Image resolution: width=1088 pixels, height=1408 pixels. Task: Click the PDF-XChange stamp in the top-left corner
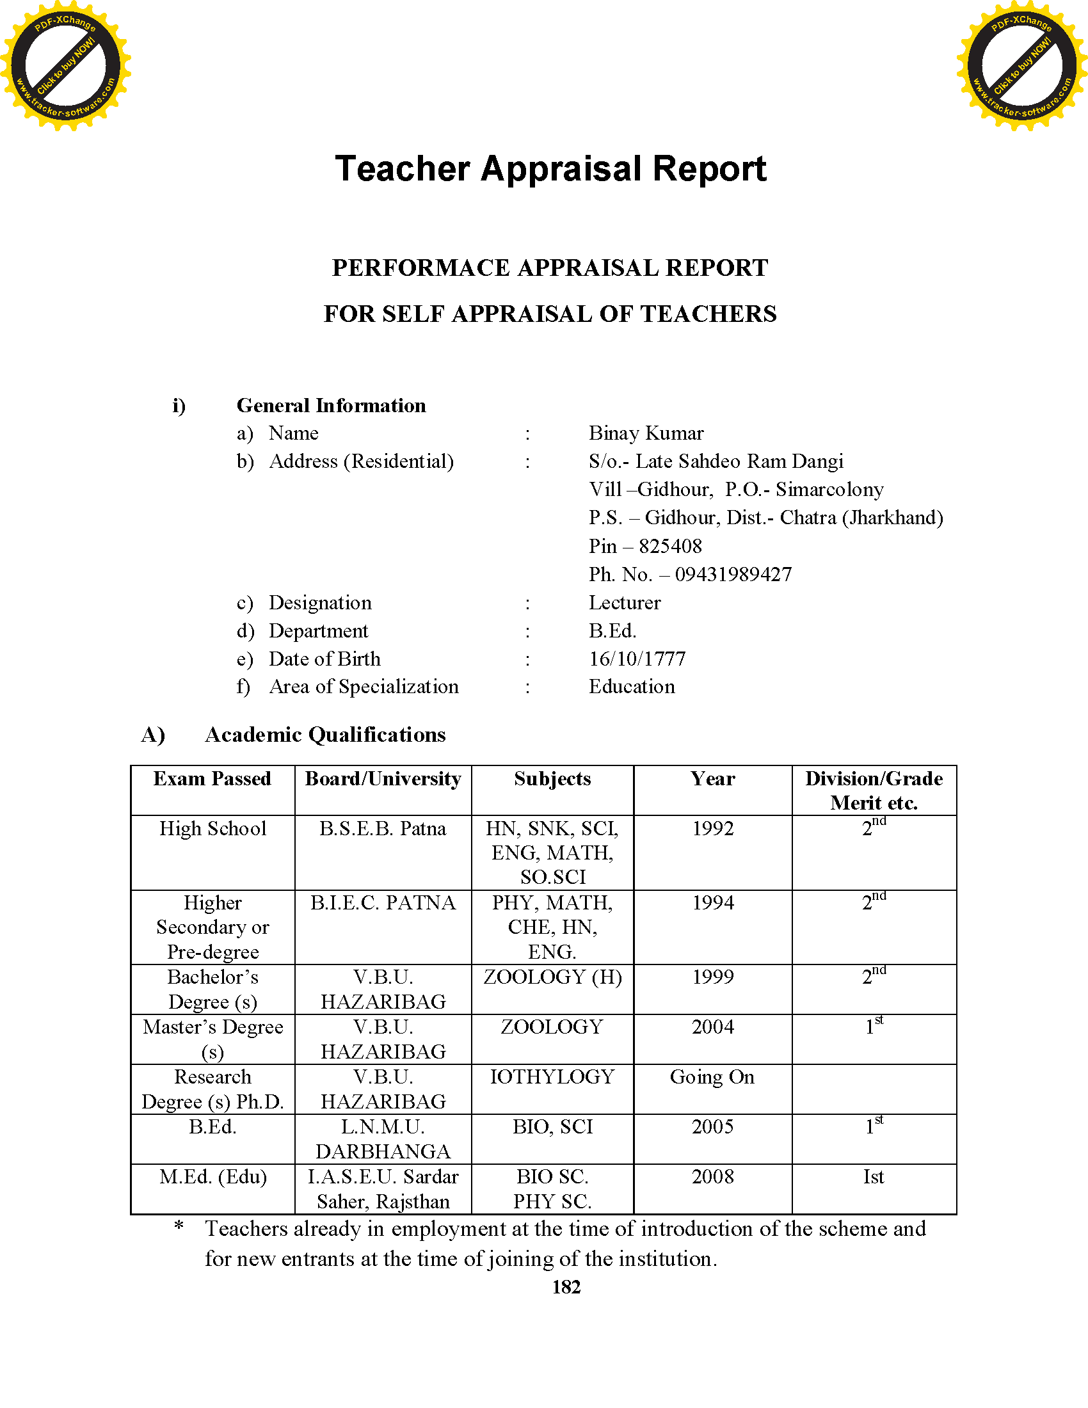coord(65,65)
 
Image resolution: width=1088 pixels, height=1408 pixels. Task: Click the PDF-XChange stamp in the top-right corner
coord(1021,65)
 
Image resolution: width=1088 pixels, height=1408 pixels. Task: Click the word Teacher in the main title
coord(402,169)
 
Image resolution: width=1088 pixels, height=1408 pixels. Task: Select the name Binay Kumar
coord(646,433)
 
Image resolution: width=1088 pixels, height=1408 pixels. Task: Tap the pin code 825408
coord(669,546)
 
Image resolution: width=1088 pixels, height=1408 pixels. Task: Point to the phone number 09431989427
coord(733,575)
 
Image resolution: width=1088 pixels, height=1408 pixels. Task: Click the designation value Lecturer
coord(625,603)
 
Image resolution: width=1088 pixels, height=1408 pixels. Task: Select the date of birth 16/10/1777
coord(637,659)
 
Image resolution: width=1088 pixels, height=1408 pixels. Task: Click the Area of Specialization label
coord(364,687)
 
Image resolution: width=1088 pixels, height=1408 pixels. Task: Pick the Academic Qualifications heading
coord(325,735)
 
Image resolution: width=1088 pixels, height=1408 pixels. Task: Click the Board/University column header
coord(383,779)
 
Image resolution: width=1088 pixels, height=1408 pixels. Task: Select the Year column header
coord(712,779)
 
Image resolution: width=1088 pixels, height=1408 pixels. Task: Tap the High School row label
coord(212,828)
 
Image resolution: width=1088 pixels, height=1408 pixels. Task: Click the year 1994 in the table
coord(713,902)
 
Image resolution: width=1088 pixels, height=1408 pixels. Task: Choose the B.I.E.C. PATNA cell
coord(383,902)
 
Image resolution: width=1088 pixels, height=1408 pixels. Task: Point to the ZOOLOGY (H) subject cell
coord(552,977)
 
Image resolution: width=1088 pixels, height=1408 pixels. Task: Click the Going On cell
coord(712,1077)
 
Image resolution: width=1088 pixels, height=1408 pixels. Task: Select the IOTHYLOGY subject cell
coord(552,1076)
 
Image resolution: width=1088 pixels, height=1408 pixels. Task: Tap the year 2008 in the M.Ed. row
coord(713,1176)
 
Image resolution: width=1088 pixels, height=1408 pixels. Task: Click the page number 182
coord(566,1287)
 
